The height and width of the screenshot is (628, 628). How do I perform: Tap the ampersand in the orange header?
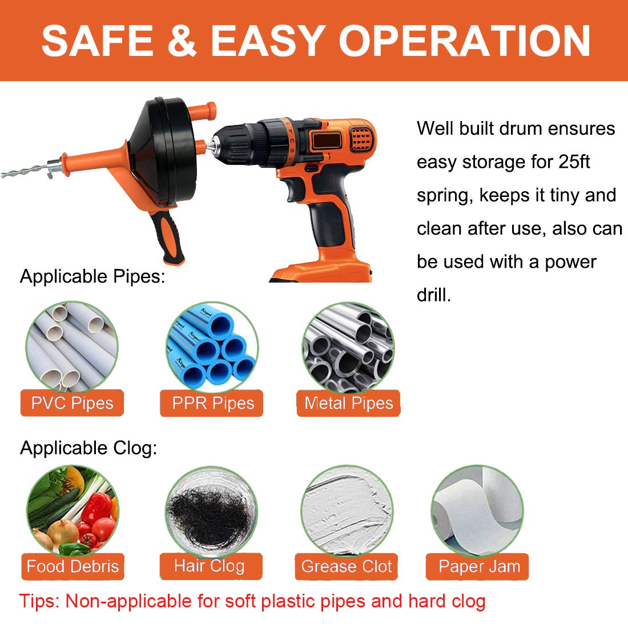182,41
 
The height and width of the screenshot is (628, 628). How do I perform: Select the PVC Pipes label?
72,403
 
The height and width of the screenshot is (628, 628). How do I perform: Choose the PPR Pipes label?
212,403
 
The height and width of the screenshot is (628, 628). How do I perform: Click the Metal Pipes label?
348,403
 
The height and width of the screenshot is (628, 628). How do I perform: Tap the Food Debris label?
73,566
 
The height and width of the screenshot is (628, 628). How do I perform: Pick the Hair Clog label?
210,566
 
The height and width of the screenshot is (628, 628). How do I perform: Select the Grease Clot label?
347,566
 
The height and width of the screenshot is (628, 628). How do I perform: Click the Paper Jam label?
478,566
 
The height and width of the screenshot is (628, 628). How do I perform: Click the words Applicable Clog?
88,448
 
